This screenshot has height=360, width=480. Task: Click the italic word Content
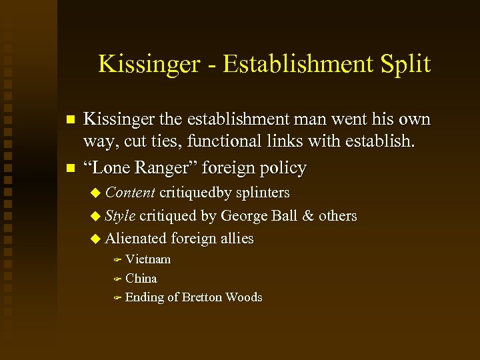pos(130,193)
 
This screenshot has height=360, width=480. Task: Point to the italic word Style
pos(121,216)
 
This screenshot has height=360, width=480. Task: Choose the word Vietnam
pos(148,259)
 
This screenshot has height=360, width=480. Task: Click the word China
pos(141,278)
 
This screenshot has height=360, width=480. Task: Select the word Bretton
pos(202,297)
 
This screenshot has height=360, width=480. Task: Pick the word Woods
pos(244,297)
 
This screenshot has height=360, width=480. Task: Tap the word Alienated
pos(136,238)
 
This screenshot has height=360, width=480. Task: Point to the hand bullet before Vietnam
pos(116,259)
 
